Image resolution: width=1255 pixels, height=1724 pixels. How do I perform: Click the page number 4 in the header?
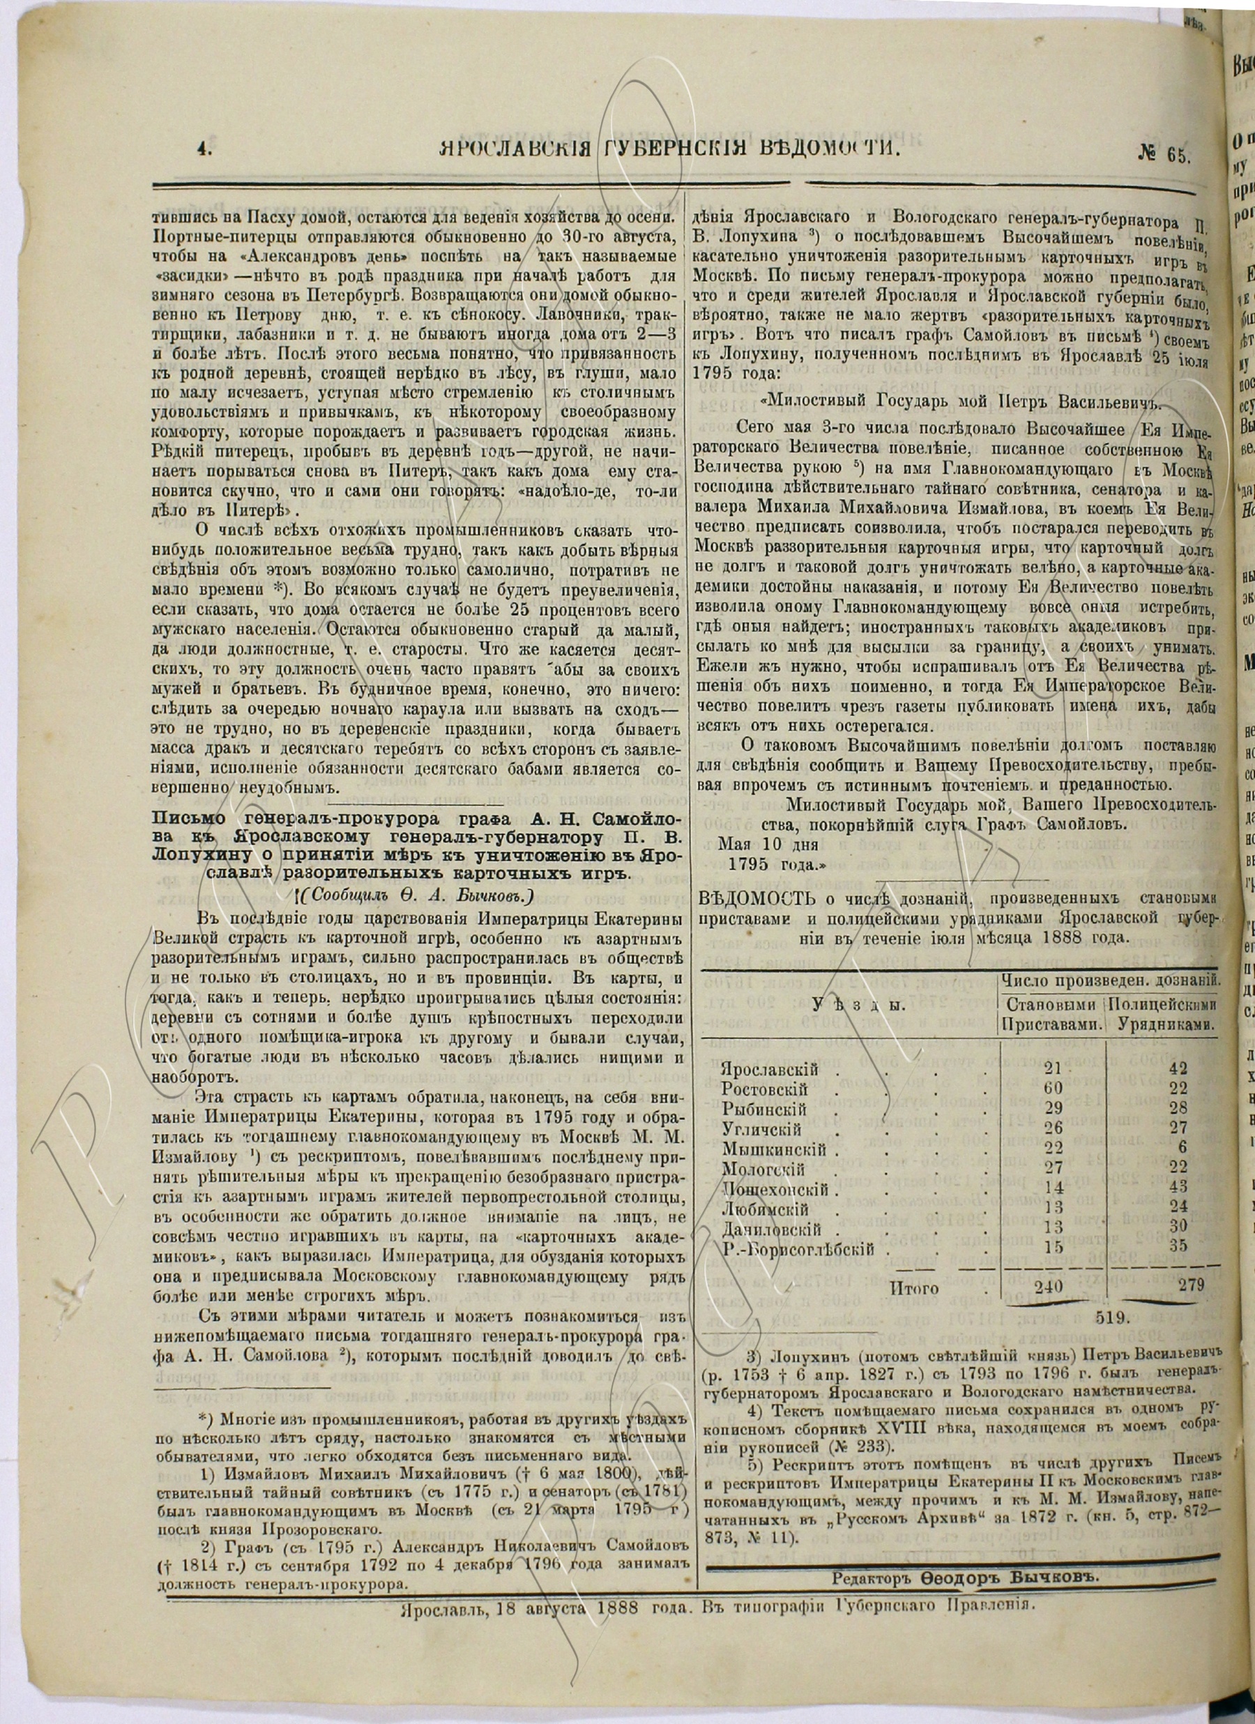point(202,151)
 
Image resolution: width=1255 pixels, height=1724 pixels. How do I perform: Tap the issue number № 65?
point(1164,153)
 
